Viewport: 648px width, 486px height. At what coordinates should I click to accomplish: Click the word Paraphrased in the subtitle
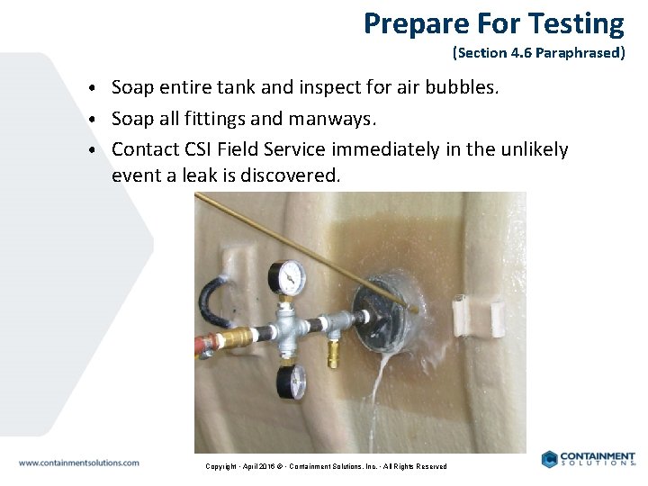[x=580, y=53]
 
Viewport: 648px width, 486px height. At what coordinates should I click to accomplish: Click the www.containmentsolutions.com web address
[x=79, y=463]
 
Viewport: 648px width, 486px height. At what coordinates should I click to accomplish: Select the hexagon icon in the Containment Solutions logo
[x=550, y=459]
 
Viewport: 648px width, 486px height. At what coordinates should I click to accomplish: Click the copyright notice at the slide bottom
[x=326, y=466]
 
